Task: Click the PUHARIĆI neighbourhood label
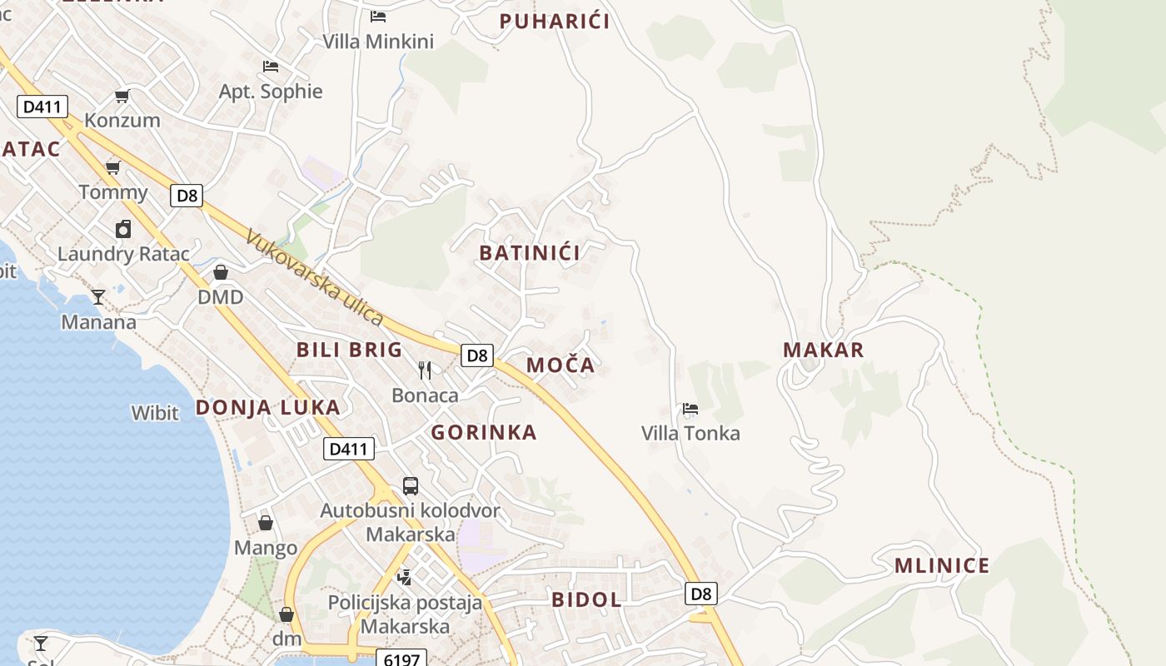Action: pos(555,22)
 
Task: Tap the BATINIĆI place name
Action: pos(530,253)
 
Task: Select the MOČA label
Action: pos(561,365)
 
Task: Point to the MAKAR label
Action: pos(823,350)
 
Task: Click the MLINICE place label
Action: pos(942,566)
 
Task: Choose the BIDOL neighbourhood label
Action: pos(586,599)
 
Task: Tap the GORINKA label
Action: pos(484,432)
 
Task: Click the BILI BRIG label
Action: pos(349,350)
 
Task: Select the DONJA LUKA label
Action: pos(267,407)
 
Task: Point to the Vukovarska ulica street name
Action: pos(315,277)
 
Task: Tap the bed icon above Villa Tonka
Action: pos(690,409)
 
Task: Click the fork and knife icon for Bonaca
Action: pos(425,370)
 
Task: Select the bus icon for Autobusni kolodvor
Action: pos(410,486)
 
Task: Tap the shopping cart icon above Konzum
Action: pos(122,96)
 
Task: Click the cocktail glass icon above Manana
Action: pos(98,297)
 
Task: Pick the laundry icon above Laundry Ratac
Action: pos(123,229)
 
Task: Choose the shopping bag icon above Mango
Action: pos(266,523)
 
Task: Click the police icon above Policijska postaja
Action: pos(405,576)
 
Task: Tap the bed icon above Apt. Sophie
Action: pos(270,67)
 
